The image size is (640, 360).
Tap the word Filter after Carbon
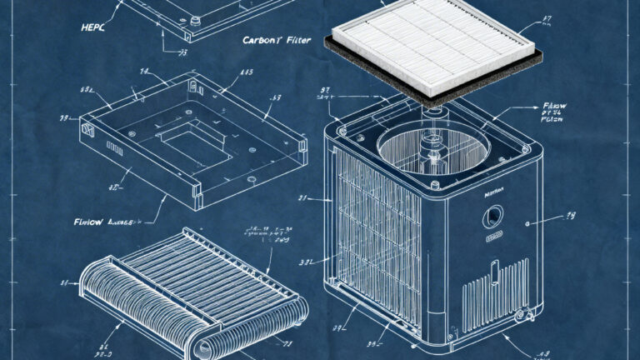[301, 39]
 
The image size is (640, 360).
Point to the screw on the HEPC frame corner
[195, 18]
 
